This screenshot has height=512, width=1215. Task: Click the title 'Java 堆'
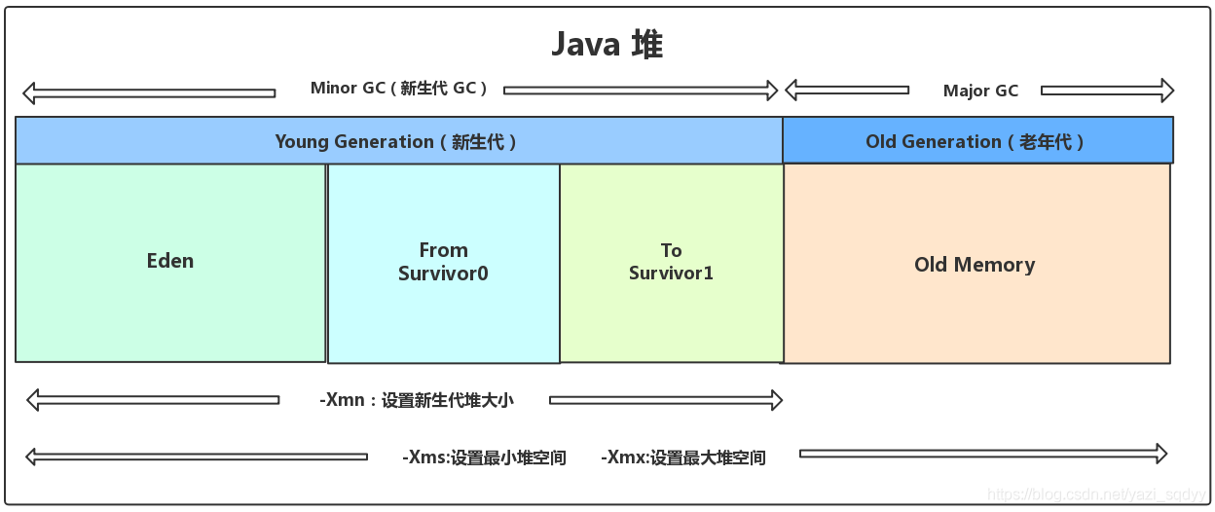pos(607,45)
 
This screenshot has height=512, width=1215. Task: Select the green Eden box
pos(170,262)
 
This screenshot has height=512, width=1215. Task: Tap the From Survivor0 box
pos(443,263)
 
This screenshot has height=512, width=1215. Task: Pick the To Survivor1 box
pos(671,263)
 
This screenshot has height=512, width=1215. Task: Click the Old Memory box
pos(975,265)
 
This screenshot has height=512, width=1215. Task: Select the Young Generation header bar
pos(398,141)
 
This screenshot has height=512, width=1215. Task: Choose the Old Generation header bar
pos(976,141)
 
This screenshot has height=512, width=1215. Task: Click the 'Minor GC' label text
pos(399,89)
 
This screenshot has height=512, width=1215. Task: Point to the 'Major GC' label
pos(980,91)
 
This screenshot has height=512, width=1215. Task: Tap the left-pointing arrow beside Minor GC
pos(148,93)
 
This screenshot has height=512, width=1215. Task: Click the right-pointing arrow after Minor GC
pos(641,91)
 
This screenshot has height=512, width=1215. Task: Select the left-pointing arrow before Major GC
pos(846,91)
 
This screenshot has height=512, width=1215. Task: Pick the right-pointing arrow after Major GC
pos(1107,91)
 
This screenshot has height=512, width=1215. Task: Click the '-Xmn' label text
pos(416,400)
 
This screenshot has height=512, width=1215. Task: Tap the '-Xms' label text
pos(484,457)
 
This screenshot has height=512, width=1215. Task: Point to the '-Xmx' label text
pos(683,457)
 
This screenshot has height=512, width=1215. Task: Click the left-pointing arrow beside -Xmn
pos(152,399)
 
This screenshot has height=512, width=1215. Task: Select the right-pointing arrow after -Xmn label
pos(666,399)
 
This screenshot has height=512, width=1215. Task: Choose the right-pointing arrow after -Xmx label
pos(982,454)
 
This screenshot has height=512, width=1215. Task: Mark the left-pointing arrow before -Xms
pos(196,457)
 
